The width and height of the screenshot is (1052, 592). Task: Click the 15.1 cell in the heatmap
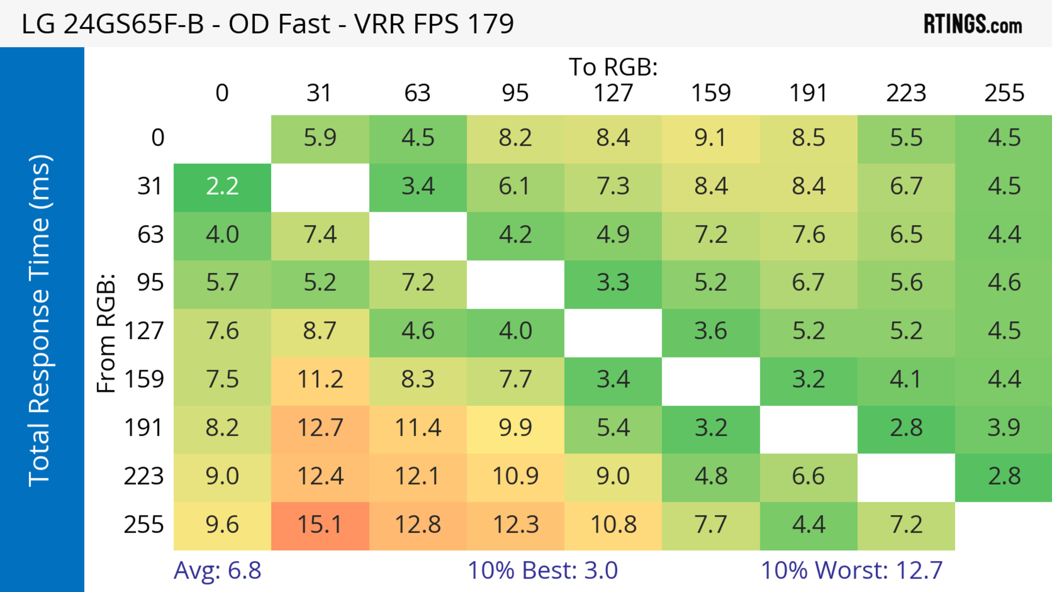coord(320,525)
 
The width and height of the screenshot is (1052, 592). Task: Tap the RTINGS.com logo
coord(973,24)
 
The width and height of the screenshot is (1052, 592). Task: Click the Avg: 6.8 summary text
coord(217,570)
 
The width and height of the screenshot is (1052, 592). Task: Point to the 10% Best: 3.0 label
coord(542,570)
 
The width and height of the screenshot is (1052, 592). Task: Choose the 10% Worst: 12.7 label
coord(851,570)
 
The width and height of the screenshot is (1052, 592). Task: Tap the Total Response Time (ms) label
coord(40,321)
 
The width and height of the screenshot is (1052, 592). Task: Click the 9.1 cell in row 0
coord(711,138)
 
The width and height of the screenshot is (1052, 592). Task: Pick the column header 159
coord(711,93)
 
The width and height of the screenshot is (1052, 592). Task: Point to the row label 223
coord(144,476)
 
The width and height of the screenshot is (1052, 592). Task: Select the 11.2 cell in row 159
coord(320,380)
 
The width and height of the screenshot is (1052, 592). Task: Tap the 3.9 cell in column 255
coord(1004,428)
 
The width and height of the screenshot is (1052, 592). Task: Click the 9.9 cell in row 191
coord(515,428)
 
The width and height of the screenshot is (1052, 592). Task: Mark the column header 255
coord(1004,93)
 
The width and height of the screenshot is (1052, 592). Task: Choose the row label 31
coord(150,187)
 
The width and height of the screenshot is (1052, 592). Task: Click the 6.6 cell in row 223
coord(808,476)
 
